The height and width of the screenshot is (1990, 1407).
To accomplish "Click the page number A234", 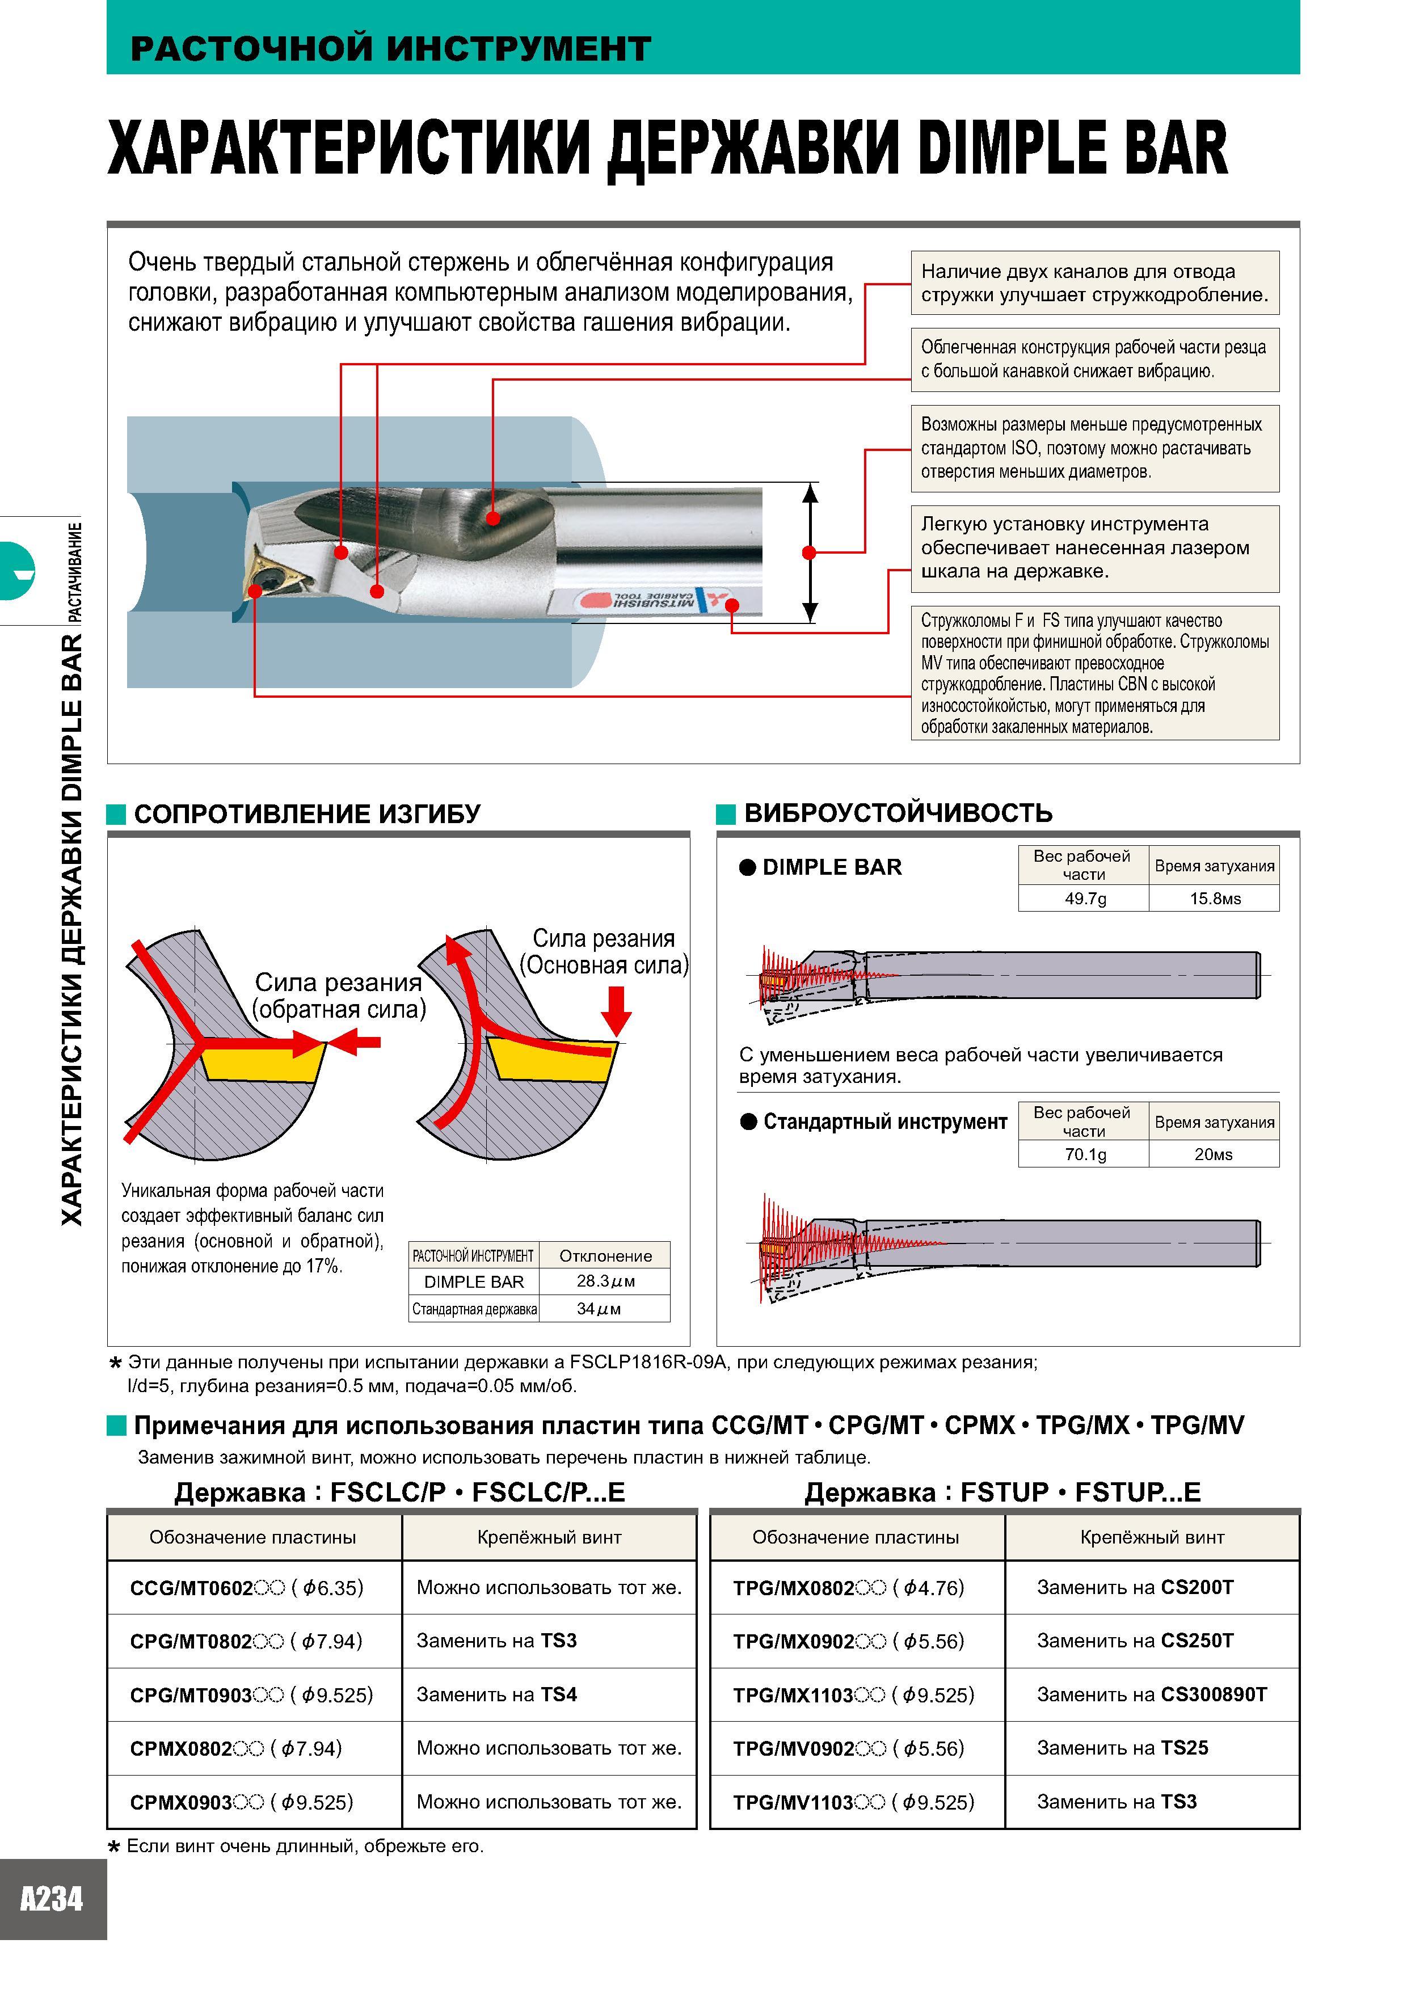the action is (52, 1899).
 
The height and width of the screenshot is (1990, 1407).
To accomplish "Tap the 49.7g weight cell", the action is (1085, 898).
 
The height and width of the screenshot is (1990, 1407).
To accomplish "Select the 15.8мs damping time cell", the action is (1215, 898).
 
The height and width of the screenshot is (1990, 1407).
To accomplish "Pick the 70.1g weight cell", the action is (1085, 1154).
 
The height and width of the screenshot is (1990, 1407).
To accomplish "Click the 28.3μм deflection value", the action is (605, 1281).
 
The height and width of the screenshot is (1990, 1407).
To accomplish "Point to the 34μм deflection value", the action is (605, 1308).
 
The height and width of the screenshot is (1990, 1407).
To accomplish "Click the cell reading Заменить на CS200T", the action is (1152, 1587).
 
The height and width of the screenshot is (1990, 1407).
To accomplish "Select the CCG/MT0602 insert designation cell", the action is (255, 1587).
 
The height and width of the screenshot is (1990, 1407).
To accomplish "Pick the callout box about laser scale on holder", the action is (1095, 548).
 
